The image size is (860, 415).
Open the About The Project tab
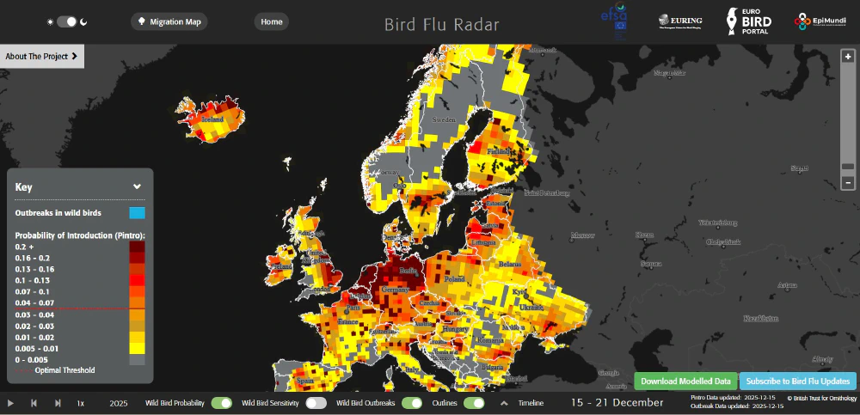click(x=41, y=57)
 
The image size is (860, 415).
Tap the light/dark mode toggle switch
click(x=66, y=21)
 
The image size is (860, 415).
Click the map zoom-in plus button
click(x=848, y=57)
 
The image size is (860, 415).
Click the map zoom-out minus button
click(x=848, y=182)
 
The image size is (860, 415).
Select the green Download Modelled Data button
click(x=685, y=381)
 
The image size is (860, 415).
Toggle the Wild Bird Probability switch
click(x=222, y=402)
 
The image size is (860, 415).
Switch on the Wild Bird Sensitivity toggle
click(x=316, y=402)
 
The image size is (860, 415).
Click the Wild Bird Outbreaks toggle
click(x=412, y=402)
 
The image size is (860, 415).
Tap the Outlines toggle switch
click(x=474, y=402)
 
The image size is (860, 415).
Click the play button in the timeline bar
click(x=11, y=403)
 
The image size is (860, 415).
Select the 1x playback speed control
click(x=81, y=403)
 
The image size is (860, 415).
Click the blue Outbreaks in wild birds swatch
click(x=137, y=212)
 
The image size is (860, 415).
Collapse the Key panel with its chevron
click(x=137, y=186)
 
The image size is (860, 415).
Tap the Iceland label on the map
click(x=212, y=120)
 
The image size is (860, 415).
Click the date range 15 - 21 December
click(x=617, y=402)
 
